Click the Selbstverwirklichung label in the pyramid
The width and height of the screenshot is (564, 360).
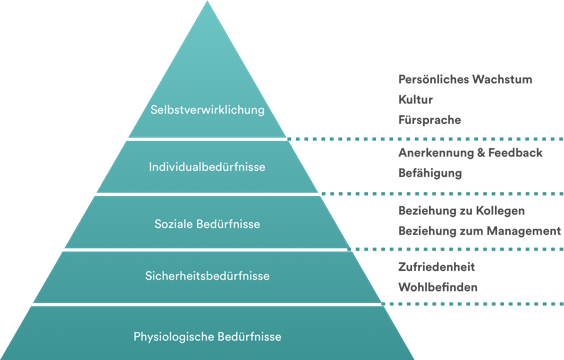(207, 109)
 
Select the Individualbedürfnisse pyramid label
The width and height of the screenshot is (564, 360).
(207, 166)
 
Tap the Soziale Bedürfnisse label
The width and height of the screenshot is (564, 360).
(207, 223)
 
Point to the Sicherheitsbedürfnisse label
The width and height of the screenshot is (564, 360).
(207, 275)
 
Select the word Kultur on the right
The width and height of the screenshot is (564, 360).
(415, 100)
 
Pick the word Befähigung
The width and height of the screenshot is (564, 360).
(430, 173)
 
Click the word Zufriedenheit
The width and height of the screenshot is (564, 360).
(436, 267)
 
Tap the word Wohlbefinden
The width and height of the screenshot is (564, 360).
(437, 288)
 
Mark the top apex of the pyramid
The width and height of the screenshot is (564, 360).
(208, 3)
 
